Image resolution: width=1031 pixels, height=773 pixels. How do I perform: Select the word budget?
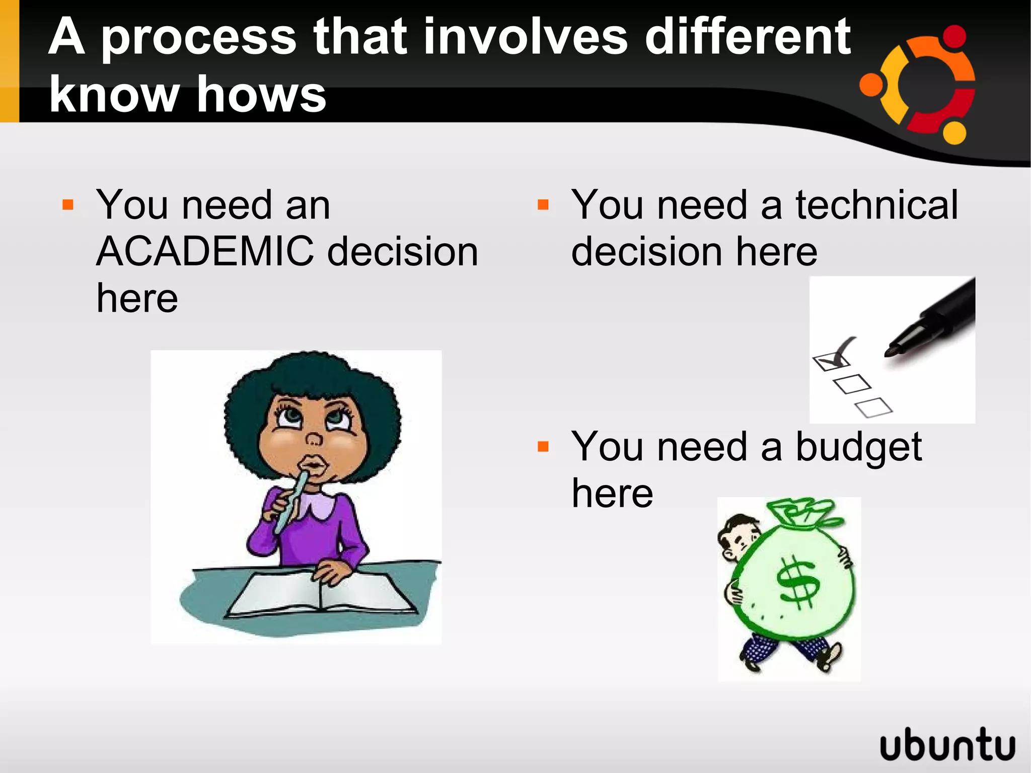coord(858,448)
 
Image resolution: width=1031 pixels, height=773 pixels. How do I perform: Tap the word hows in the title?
coord(261,94)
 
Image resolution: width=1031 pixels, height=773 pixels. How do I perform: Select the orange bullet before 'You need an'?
coord(68,205)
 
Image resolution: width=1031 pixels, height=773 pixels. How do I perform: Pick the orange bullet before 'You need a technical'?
coord(543,205)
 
